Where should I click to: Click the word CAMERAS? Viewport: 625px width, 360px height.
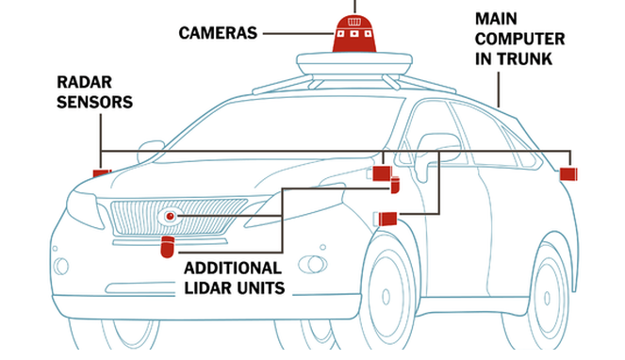[218, 33]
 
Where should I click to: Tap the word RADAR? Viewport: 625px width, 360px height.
[84, 83]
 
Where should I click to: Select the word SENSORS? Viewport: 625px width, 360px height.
[94, 102]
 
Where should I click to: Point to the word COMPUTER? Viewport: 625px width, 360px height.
[519, 39]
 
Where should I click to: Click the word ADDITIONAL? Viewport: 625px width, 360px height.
[233, 268]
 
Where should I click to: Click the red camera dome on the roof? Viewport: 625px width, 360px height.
[354, 34]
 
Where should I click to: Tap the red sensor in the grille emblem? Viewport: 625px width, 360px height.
[171, 216]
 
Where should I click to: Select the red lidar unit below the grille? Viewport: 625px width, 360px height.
[168, 246]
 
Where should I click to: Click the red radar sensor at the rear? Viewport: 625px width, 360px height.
[568, 174]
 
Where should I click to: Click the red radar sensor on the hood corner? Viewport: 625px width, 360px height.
[102, 173]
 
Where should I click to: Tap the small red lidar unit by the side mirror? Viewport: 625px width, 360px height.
[395, 185]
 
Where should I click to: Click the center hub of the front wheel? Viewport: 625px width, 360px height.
[386, 297]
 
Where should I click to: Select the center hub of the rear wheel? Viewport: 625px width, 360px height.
[548, 298]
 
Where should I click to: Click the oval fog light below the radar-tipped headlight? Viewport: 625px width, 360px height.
[61, 267]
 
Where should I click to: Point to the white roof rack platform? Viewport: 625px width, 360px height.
[354, 64]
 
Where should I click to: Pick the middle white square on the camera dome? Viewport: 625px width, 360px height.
[354, 34]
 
